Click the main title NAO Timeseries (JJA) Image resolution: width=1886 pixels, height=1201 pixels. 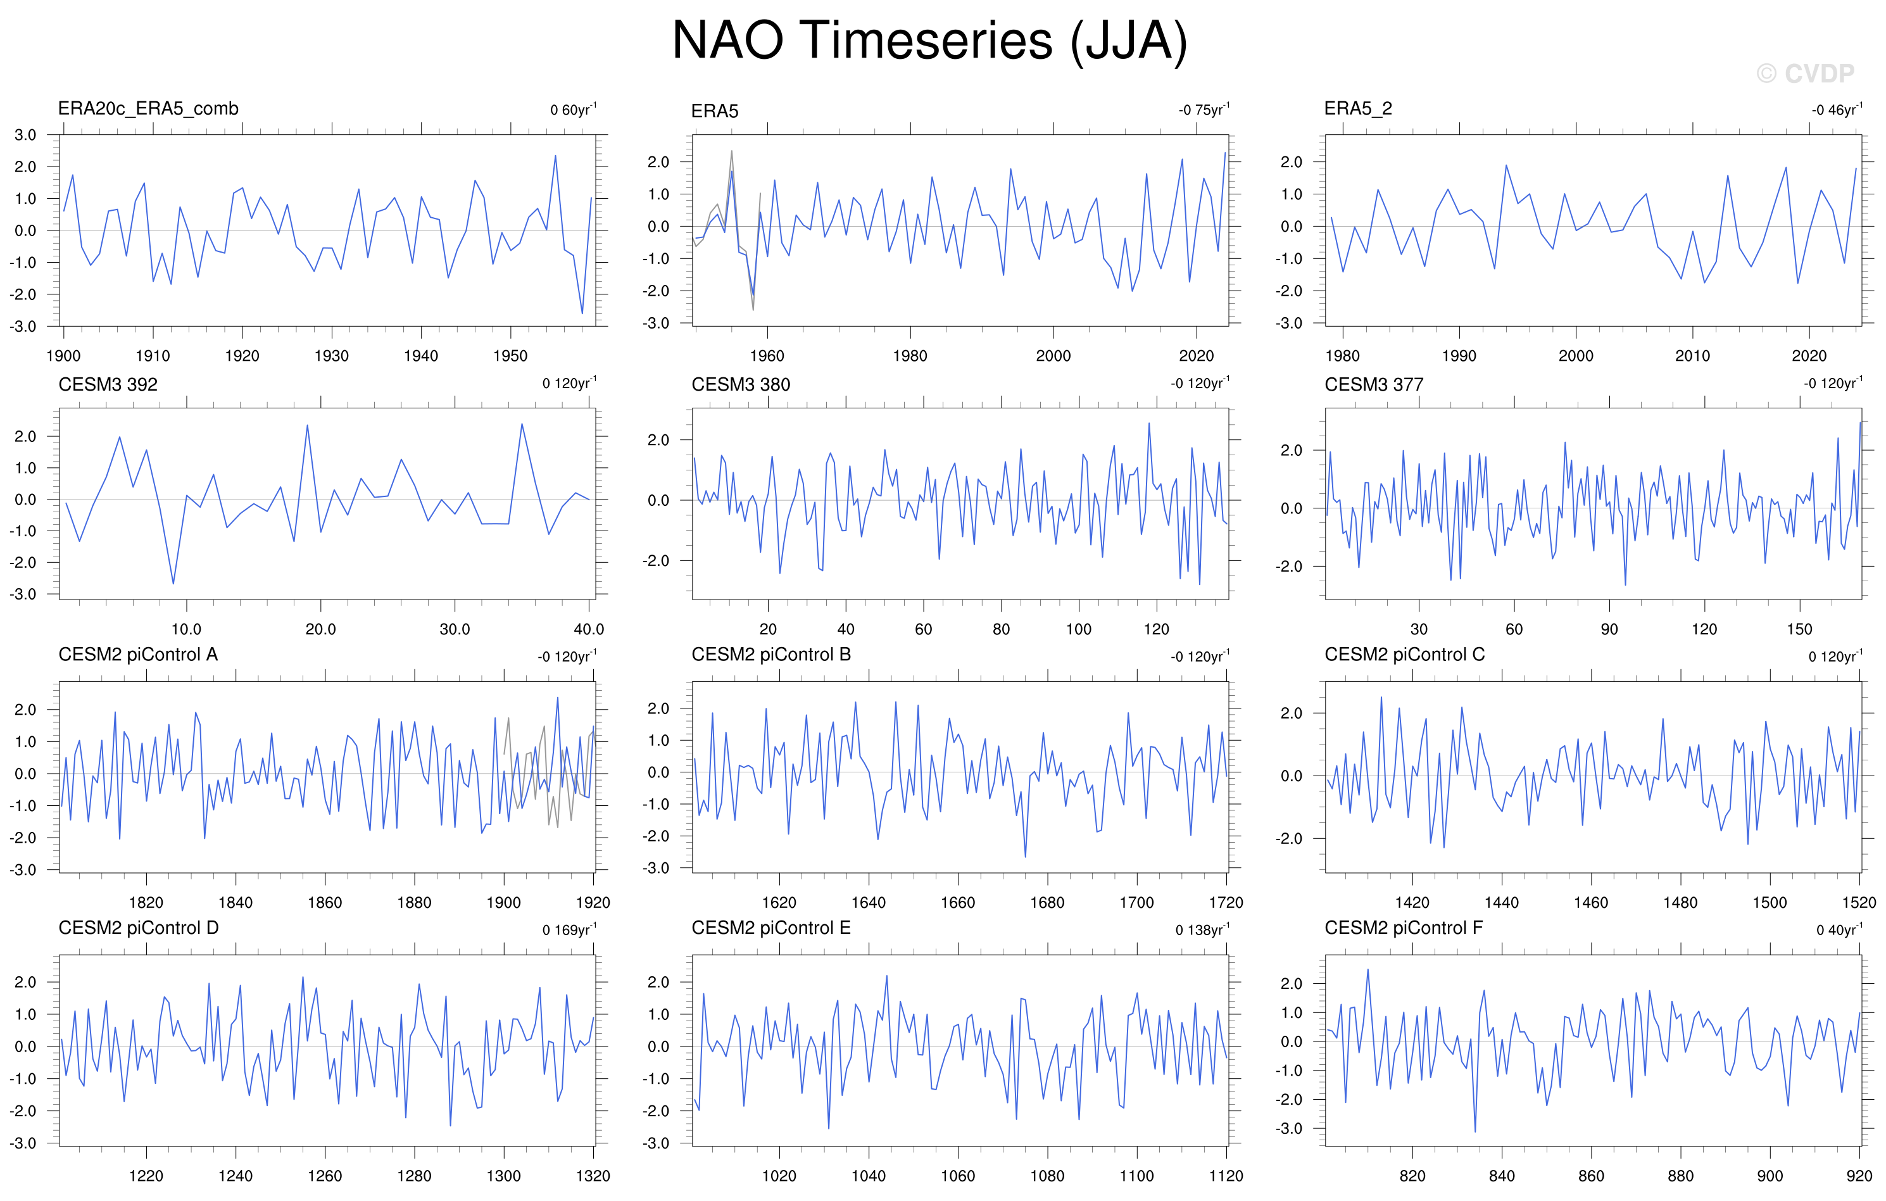coord(929,41)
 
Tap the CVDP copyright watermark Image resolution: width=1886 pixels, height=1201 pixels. coord(1806,73)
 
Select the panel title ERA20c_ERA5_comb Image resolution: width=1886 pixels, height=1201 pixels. coord(148,109)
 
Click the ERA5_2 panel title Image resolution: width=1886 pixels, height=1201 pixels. coord(1358,109)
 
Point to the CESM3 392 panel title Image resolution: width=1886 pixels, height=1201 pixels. coord(108,385)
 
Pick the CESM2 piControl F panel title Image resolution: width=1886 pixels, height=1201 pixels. coord(1404,927)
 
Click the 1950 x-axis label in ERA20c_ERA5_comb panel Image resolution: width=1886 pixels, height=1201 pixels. coord(510,356)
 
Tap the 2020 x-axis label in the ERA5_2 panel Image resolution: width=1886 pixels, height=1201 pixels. coord(1809,356)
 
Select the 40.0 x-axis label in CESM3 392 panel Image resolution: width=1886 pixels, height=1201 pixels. coord(589,629)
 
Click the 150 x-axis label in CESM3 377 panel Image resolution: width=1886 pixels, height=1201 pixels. coord(1799,629)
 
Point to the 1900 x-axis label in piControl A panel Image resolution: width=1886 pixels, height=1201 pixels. coord(503,903)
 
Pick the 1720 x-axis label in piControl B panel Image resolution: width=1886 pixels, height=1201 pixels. coord(1226,903)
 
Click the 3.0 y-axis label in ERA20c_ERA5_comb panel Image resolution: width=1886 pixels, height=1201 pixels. coord(25,135)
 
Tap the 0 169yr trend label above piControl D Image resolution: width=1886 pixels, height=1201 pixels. coord(569,929)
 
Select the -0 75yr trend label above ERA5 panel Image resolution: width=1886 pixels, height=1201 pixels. coord(1204,109)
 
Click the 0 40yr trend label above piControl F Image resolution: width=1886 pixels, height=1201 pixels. coord(1840,929)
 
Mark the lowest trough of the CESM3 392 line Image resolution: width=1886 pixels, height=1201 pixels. coord(173,584)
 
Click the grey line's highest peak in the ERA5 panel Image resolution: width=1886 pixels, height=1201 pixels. coord(731,151)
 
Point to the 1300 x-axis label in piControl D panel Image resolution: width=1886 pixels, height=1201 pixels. coord(503,1176)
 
